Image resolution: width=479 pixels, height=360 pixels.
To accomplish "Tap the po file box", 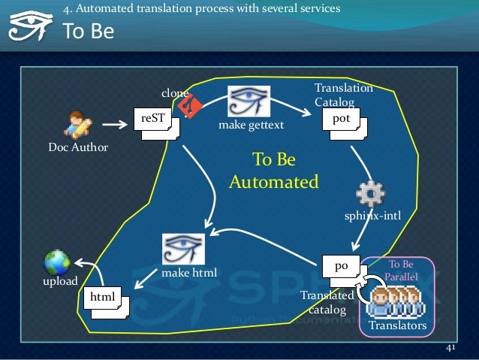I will pos(341,267).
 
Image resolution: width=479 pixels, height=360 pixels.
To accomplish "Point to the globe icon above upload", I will pos(57,262).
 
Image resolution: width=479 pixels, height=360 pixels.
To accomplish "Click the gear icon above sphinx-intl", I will pos(372,195).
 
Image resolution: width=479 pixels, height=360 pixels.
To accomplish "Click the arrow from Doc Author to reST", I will pos(113,125).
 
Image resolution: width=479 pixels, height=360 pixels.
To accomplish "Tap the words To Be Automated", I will pos(274,171).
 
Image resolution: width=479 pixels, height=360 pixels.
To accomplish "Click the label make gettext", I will pos(251,126).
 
